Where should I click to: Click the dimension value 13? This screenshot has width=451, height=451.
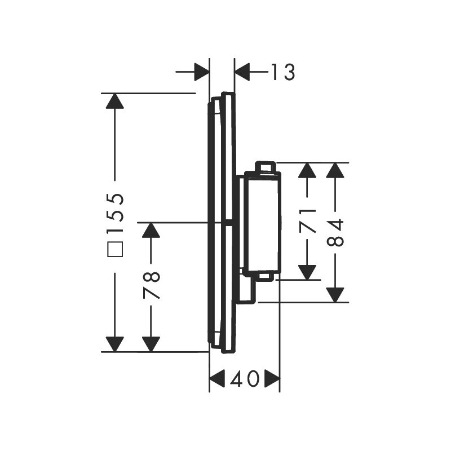(x=282, y=72)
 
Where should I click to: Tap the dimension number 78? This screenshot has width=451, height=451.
(x=151, y=285)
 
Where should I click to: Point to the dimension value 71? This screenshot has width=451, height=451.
(x=307, y=220)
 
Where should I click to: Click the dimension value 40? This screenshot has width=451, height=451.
(x=245, y=379)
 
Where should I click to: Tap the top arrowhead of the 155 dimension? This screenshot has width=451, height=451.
(x=114, y=101)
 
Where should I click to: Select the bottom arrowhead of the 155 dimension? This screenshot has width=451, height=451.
(x=114, y=343)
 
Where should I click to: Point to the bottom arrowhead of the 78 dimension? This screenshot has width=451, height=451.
(x=151, y=343)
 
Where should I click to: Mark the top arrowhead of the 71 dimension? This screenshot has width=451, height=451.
(x=307, y=170)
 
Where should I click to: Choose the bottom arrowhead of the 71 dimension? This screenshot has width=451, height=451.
(x=307, y=271)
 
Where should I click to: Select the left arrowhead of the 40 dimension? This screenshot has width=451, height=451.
(x=217, y=379)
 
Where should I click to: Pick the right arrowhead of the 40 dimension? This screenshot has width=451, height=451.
(x=272, y=379)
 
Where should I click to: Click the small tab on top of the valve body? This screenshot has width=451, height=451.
(x=265, y=167)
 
